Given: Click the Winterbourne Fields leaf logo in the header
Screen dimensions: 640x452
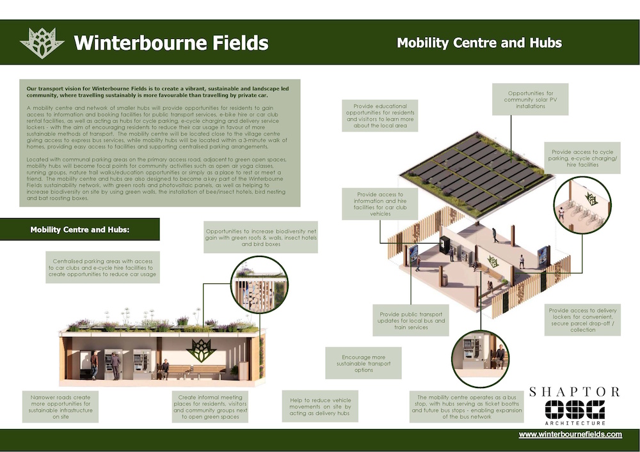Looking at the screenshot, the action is [42, 43].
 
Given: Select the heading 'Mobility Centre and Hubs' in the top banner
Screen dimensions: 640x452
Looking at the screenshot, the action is [479, 43].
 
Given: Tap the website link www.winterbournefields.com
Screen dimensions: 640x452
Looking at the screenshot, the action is [570, 435].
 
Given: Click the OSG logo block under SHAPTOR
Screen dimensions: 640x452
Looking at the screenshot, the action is [575, 410].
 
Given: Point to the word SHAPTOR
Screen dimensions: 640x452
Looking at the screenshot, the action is [574, 392].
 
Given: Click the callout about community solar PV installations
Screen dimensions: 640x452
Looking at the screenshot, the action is [530, 100].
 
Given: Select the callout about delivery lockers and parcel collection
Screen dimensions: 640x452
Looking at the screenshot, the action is [582, 320].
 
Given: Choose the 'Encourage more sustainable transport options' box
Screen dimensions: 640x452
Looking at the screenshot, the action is [364, 363].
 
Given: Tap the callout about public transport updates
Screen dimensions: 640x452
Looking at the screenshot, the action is [411, 320].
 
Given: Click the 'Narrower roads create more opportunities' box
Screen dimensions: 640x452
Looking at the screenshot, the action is [60, 407].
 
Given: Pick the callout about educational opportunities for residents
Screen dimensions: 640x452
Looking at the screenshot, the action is [380, 116].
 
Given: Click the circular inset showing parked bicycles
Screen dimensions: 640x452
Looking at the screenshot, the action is [582, 205].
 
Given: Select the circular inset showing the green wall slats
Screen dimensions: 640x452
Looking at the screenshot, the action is [260, 284].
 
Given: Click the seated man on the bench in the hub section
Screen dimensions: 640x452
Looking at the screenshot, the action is [164, 369].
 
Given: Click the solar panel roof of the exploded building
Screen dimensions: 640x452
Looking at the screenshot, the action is [477, 173].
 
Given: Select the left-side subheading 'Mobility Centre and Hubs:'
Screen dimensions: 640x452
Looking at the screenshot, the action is [79, 230].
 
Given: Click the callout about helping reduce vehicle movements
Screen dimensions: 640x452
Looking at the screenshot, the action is [320, 407].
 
